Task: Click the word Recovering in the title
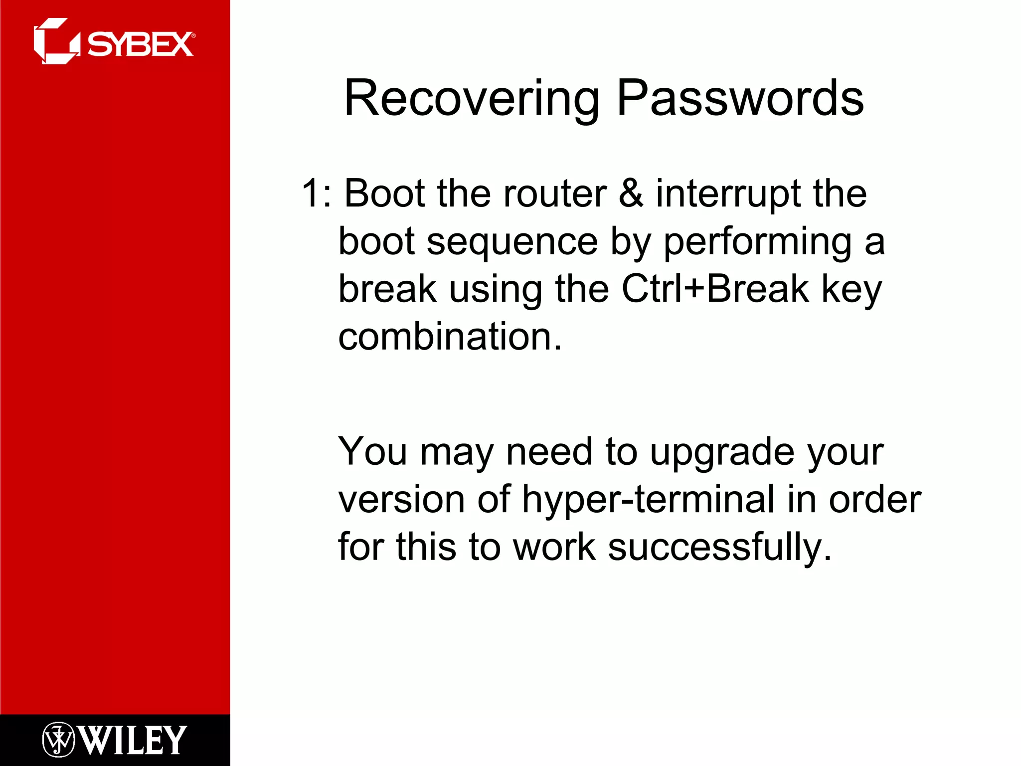tap(471, 99)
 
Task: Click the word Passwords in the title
tap(740, 99)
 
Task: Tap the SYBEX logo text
tap(140, 44)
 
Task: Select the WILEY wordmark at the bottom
tap(133, 740)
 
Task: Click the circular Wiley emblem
tap(58, 740)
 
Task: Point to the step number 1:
tap(316, 193)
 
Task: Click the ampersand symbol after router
tap(631, 193)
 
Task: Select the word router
tap(554, 193)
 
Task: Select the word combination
tap(450, 337)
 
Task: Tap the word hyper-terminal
tap(648, 500)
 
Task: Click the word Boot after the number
tap(384, 193)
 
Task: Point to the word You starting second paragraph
tap(372, 452)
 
